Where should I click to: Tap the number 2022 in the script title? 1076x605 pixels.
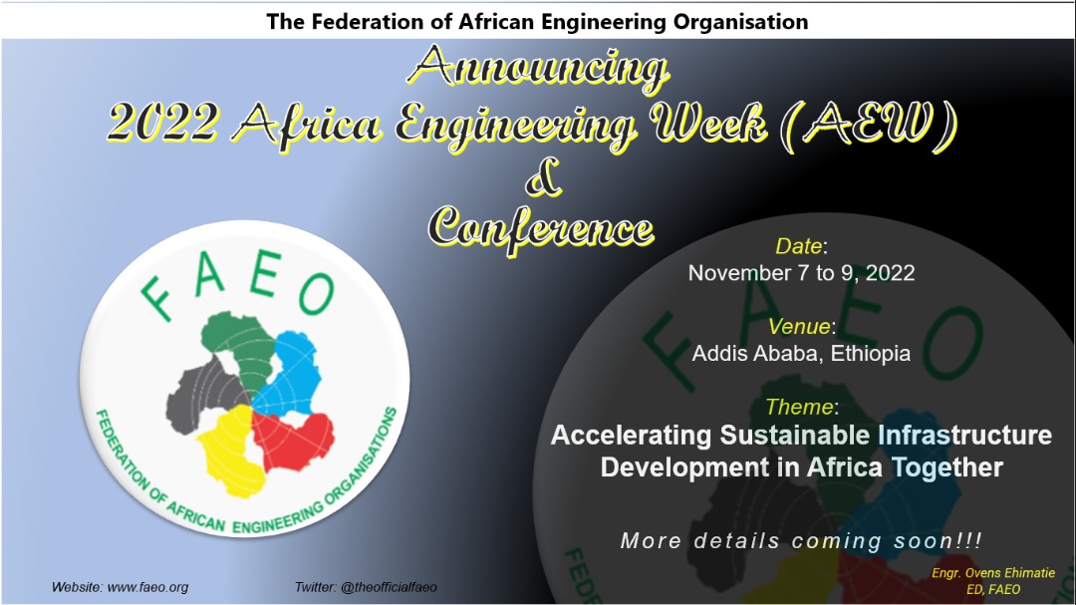coord(163,124)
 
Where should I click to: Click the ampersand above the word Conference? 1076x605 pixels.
coord(544,177)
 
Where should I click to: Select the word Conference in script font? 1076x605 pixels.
coord(541,228)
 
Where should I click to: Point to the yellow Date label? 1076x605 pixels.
coord(799,246)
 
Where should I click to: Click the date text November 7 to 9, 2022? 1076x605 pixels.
coord(801,273)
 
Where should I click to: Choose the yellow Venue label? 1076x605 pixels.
coord(799,326)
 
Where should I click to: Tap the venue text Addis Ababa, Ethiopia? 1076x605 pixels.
coord(801,353)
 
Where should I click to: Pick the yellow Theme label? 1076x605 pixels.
coord(799,407)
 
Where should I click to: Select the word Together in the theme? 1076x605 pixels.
coord(947,467)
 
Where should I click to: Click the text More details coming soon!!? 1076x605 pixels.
coord(801,541)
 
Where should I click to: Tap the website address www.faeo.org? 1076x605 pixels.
coord(147,588)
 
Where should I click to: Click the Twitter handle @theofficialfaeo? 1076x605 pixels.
coord(389,588)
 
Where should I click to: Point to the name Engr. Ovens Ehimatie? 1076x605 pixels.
coord(993,573)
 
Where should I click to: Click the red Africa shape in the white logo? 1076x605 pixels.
coord(294,440)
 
